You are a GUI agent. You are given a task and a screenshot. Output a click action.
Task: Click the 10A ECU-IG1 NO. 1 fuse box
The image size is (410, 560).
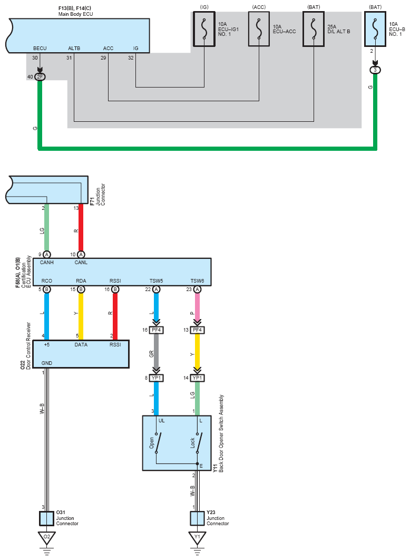point(204,29)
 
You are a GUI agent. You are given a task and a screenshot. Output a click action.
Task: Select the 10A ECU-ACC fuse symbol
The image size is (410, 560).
point(259,29)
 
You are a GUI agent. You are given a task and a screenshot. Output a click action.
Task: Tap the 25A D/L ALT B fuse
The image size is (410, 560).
point(314,29)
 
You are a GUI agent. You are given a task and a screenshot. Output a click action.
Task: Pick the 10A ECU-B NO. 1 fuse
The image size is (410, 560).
point(375,29)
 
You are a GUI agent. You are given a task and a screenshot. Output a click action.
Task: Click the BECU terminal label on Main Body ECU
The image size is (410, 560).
point(40,48)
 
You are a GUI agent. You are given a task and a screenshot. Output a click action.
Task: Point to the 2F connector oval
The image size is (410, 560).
point(40,77)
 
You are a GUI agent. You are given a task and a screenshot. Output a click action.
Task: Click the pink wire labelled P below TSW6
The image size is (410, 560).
point(197,306)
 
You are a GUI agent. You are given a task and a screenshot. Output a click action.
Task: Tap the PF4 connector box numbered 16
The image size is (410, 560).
point(157,330)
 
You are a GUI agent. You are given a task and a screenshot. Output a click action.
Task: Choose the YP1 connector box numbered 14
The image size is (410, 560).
point(197,378)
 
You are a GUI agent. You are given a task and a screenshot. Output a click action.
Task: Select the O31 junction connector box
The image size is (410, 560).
point(47,518)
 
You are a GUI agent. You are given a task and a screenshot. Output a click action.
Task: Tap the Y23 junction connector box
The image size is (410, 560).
point(197,518)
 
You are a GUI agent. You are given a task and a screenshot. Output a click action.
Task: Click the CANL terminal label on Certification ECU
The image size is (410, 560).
point(81,263)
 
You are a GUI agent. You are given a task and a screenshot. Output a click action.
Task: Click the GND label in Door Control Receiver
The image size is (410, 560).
point(47,363)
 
